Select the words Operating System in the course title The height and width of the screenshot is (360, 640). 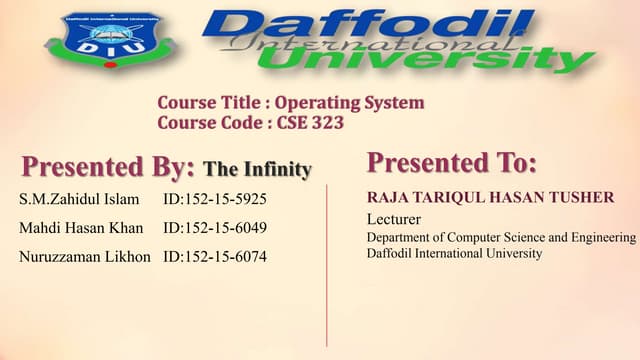[349, 102]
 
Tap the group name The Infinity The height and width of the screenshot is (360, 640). [257, 169]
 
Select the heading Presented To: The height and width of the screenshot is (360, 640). [452, 162]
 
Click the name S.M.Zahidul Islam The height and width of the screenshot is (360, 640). [79, 199]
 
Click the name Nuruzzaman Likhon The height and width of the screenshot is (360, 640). [85, 257]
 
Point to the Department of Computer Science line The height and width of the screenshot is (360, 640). [501, 237]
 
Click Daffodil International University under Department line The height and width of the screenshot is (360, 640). [454, 254]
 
